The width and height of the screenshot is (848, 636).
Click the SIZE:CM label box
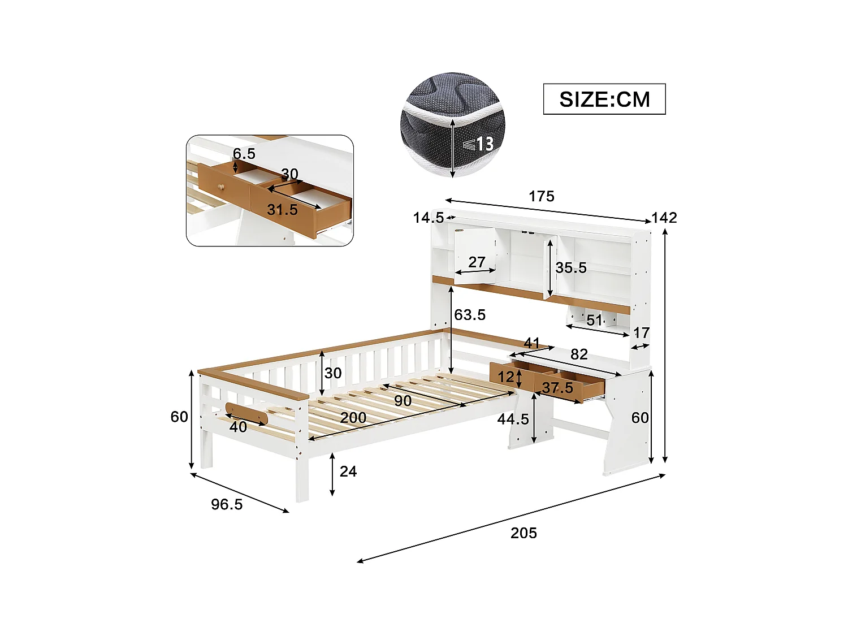coord(604,99)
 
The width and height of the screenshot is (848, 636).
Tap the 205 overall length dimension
coord(523,533)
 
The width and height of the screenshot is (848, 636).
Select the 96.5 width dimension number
coord(227,504)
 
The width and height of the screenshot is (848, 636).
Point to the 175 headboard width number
coord(542,196)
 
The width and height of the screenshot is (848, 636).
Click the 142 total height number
coord(664,218)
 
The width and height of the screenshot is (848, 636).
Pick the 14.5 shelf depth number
coord(428,218)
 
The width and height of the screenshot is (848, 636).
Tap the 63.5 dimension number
coord(470,315)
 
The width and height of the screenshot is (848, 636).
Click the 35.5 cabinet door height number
coord(571,268)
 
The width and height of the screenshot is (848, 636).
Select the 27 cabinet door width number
coord(477,262)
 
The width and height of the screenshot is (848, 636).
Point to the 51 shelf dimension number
coord(594,321)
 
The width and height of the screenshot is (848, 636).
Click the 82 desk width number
coord(579,354)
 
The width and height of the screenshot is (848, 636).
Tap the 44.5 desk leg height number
coord(513,419)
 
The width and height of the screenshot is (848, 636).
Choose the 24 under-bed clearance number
coord(348,471)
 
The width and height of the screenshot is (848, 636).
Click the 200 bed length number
coord(353,418)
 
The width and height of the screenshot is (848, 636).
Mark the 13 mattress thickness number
coord(484,144)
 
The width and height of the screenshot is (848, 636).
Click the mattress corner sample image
coord(452,124)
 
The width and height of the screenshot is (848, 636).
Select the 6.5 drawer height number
coord(244,154)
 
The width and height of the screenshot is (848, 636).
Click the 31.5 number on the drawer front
coord(282,210)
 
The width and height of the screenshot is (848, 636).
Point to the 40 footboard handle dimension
coord(238,427)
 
